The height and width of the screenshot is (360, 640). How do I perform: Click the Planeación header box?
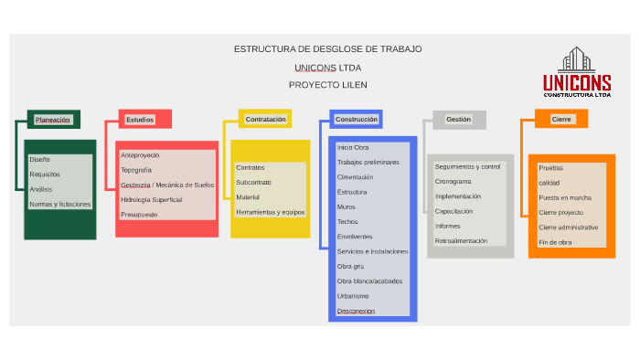53,120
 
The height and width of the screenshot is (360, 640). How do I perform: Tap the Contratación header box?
266,120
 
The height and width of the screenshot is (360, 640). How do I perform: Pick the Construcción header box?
356,120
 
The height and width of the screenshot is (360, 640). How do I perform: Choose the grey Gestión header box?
459,120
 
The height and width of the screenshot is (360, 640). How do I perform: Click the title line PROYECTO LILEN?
327,84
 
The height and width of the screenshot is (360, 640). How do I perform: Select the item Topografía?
136,170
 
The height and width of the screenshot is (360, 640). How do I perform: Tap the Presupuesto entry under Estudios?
139,214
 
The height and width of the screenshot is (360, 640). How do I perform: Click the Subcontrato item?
253,182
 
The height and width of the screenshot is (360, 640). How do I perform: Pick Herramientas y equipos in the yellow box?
270,212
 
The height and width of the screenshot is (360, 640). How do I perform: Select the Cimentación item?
355,176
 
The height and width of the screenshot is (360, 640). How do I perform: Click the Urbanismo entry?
353,296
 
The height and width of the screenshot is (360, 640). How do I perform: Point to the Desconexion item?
356,311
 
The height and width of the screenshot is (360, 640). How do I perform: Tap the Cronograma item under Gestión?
453,182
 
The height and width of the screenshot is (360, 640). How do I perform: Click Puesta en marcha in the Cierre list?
565,197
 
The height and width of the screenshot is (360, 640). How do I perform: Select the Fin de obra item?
555,242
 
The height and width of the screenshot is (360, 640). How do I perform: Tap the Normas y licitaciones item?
60,204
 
